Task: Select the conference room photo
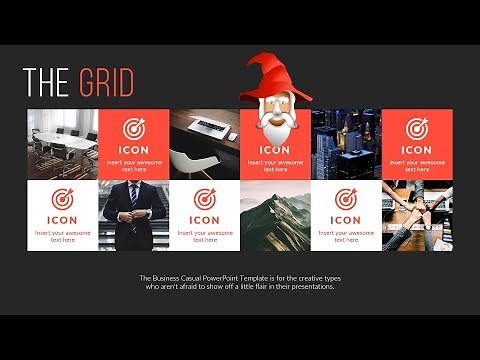62,144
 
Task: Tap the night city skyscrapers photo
346,144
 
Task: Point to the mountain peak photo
275,215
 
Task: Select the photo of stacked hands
417,215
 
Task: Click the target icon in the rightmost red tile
417,129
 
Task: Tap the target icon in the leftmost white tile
62,198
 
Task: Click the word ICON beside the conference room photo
134,150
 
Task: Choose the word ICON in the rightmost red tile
417,150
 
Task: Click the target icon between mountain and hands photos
346,198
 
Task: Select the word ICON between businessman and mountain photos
204,220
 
